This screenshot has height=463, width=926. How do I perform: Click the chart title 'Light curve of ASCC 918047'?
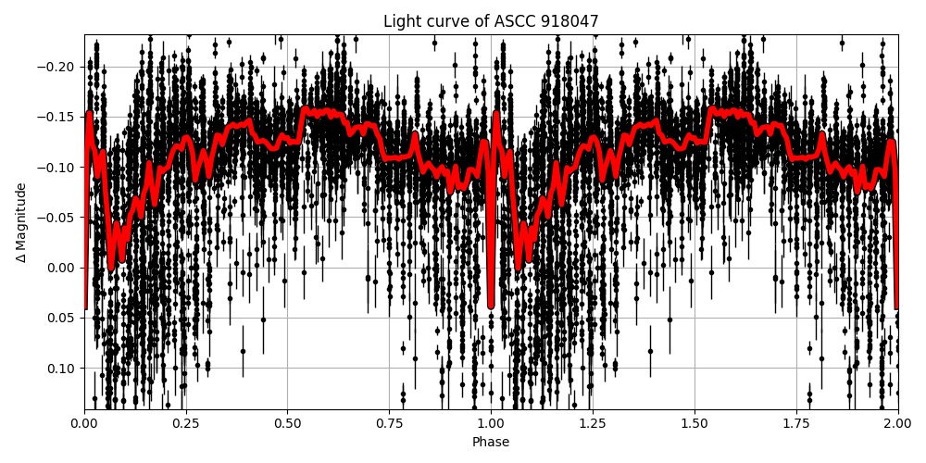click(x=491, y=21)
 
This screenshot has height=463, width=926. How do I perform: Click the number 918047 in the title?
click(x=574, y=21)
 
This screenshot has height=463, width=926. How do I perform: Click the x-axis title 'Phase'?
click(x=491, y=443)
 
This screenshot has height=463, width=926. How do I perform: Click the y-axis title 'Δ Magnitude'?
click(x=21, y=222)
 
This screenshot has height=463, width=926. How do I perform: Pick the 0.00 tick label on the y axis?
click(x=63, y=268)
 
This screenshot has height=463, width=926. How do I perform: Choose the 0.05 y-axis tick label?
click(x=63, y=318)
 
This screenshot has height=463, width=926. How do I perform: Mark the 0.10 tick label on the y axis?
click(x=63, y=369)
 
